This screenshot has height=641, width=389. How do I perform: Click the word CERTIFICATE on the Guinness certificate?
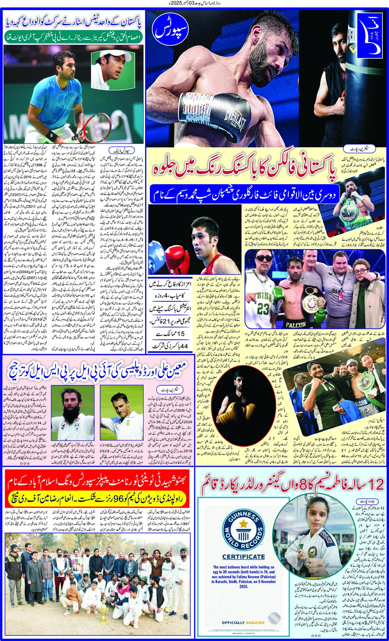pos(243,557)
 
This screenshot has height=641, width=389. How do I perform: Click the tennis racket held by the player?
pos(94,125)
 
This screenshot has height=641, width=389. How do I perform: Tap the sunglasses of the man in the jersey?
pos(260,259)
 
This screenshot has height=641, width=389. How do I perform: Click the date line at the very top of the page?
pos(194,4)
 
